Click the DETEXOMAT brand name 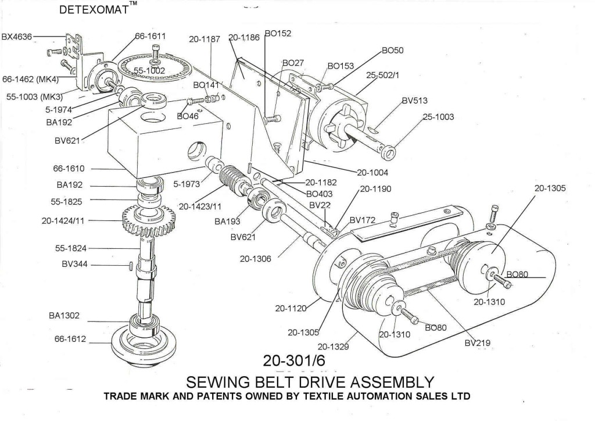pyautogui.click(x=94, y=9)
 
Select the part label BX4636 pyautogui.click(x=17, y=37)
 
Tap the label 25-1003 pyautogui.click(x=438, y=116)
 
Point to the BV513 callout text pyautogui.click(x=415, y=101)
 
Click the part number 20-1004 pyautogui.click(x=372, y=173)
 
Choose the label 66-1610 pyautogui.click(x=69, y=168)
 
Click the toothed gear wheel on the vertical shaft pyautogui.click(x=149, y=220)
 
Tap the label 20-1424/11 pyautogui.click(x=63, y=220)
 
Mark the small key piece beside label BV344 pyautogui.click(x=131, y=265)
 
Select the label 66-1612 pyautogui.click(x=70, y=338)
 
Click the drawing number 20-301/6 pyautogui.click(x=294, y=361)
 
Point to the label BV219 pyautogui.click(x=478, y=343)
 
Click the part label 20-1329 pyautogui.click(x=333, y=346)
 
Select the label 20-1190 pyautogui.click(x=375, y=188)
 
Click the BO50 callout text pyautogui.click(x=392, y=50)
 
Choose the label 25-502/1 pyautogui.click(x=382, y=75)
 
